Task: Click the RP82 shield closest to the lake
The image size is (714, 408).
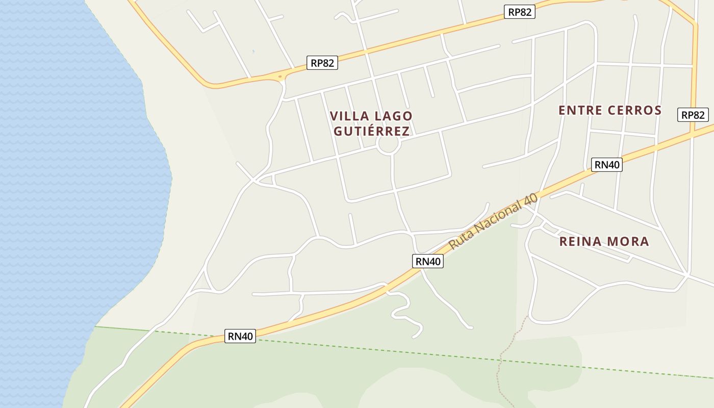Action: tap(322, 63)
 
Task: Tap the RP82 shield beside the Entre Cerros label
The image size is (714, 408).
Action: tap(693, 115)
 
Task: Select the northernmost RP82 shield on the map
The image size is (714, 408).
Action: tap(519, 12)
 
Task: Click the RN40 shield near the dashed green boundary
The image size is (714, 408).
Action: tap(240, 336)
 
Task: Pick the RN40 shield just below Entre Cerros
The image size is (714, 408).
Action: tap(607, 164)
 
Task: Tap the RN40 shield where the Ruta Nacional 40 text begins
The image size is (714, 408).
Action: tap(427, 261)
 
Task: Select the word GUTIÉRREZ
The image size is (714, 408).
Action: tap(371, 131)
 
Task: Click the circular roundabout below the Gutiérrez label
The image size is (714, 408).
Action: tap(388, 145)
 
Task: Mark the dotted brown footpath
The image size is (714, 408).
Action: tap(502, 357)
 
